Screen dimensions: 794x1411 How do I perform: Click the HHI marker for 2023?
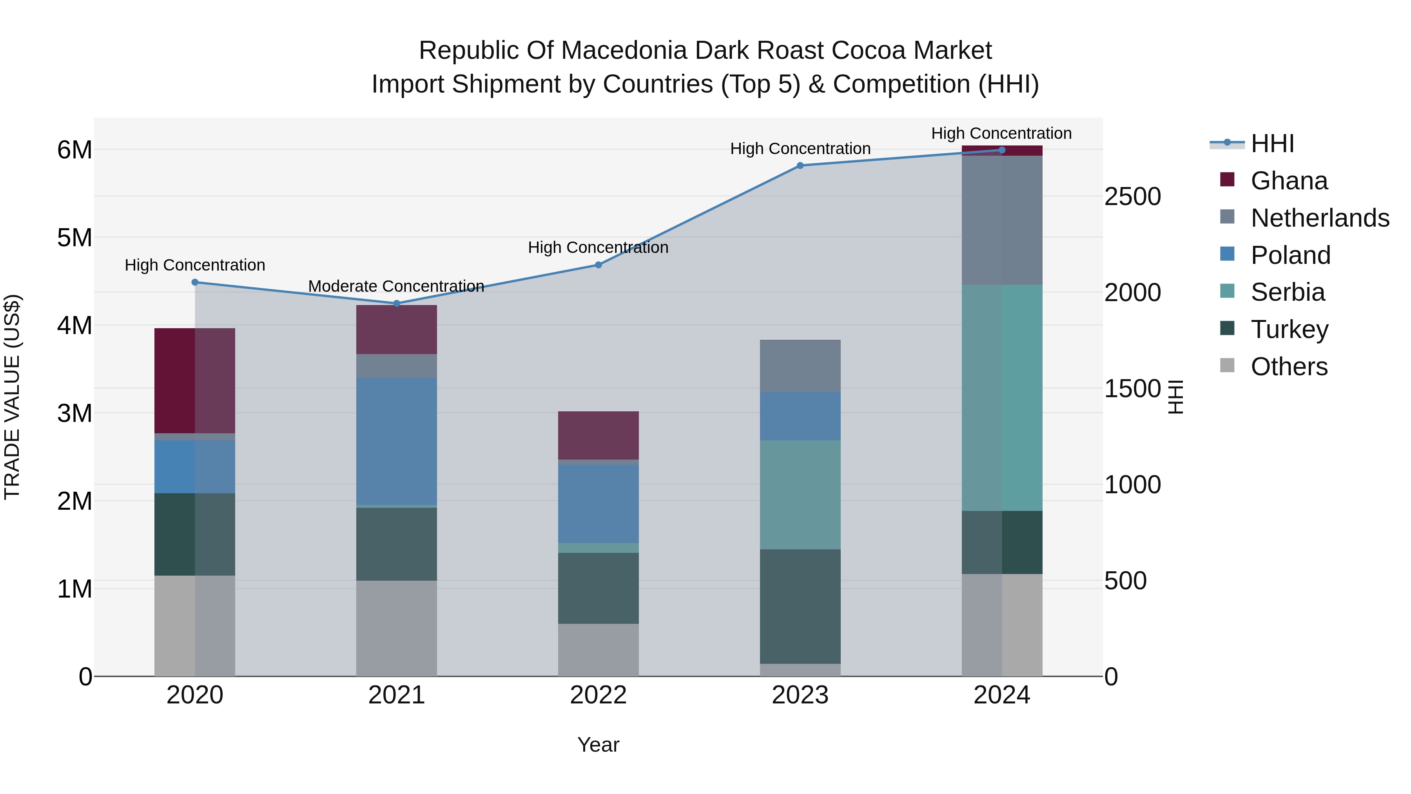click(800, 165)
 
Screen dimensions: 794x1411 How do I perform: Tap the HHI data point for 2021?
click(397, 303)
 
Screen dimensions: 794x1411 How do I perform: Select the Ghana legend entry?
click(1288, 181)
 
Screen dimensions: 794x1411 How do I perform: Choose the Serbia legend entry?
click(1287, 292)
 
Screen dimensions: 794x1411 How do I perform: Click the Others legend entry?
click(1288, 367)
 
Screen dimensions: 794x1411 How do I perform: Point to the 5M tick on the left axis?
click(74, 238)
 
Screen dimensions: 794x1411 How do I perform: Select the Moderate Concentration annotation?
click(396, 286)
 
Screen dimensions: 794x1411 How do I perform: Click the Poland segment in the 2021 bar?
click(397, 441)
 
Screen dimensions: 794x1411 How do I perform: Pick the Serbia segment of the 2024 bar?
click(1002, 398)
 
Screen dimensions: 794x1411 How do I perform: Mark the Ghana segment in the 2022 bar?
click(598, 436)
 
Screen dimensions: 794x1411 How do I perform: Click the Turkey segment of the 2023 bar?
click(800, 607)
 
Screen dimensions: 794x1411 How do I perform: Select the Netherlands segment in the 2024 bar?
click(1002, 220)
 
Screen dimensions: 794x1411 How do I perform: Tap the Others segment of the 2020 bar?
click(194, 626)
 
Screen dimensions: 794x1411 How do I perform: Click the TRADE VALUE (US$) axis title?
click(13, 397)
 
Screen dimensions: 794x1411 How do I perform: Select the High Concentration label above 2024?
click(1001, 133)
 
